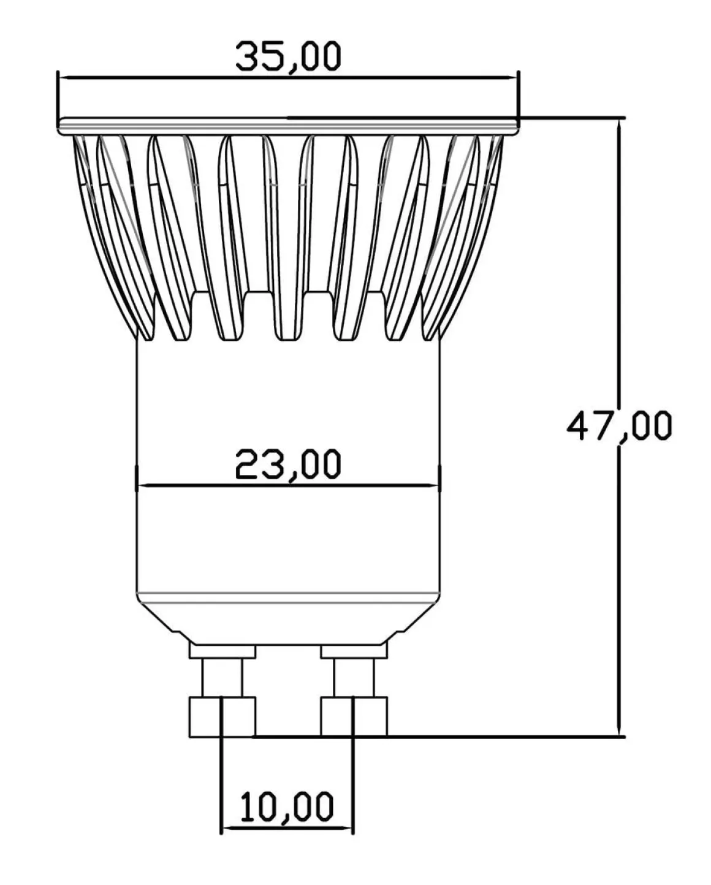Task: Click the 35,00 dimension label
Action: [288, 57]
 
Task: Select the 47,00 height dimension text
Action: [619, 427]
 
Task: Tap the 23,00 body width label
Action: [288, 465]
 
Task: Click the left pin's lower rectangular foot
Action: [222, 716]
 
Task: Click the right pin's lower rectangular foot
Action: [354, 716]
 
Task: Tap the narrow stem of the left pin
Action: [222, 678]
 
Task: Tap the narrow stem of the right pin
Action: [354, 678]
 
